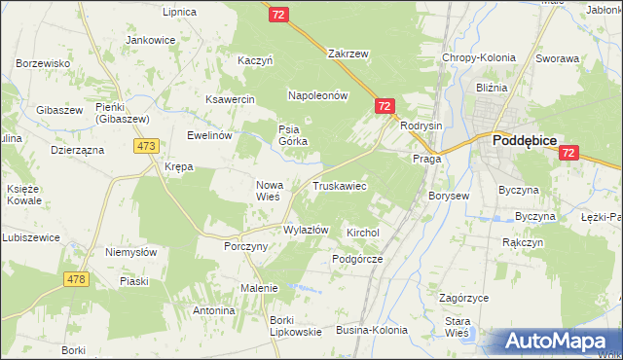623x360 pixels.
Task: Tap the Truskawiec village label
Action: click(339, 185)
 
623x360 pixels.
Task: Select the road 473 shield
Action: click(146, 146)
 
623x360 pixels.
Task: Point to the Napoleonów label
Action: click(317, 95)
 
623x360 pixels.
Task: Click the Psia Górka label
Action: click(293, 134)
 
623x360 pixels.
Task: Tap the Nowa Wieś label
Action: click(269, 190)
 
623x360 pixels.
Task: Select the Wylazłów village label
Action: click(306, 230)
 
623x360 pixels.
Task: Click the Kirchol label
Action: click(362, 234)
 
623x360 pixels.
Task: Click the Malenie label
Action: click(259, 288)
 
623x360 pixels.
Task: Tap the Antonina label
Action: click(214, 310)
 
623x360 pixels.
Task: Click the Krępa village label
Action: click(178, 167)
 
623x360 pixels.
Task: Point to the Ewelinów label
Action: click(209, 135)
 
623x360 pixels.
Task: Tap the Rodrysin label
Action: click(421, 125)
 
